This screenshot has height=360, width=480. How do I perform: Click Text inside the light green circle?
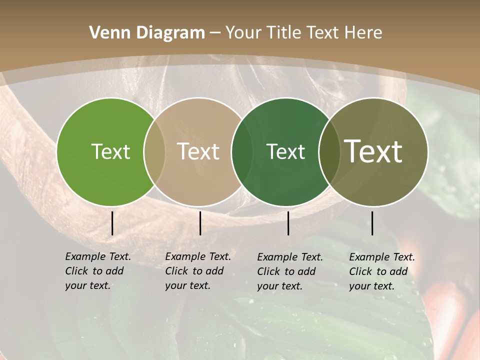point(110,151)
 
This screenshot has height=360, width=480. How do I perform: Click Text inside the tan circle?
point(198,151)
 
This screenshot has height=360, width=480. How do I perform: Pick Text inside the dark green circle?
point(285,151)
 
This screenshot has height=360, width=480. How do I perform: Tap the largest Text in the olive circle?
point(373,151)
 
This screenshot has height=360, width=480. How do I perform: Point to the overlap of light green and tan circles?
point(154,151)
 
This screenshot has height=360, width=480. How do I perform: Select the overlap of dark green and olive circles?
point(329,151)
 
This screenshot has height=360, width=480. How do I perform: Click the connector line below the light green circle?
point(112,223)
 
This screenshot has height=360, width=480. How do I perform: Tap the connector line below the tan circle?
point(200,223)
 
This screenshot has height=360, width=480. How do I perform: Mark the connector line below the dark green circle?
point(288,223)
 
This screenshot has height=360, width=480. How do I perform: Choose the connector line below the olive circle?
point(372,223)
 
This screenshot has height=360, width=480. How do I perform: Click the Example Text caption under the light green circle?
point(97,271)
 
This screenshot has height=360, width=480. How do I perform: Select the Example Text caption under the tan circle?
point(197,271)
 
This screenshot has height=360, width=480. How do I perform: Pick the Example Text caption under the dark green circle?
point(289,271)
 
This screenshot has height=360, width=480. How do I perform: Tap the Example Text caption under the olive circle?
point(381,271)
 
